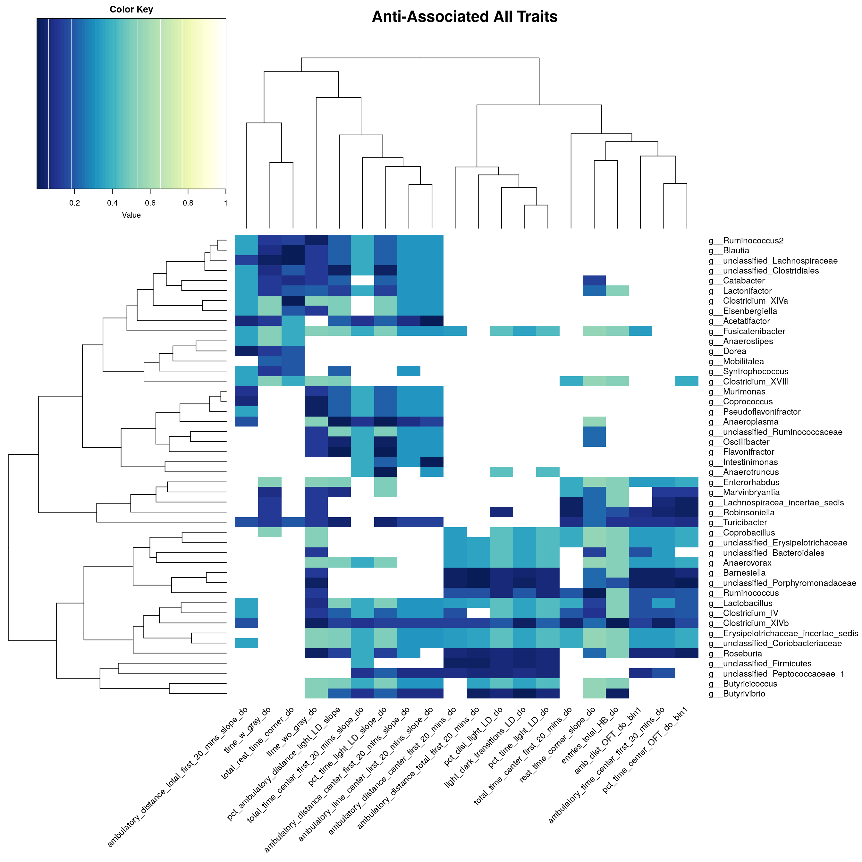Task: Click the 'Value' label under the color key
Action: tap(131, 215)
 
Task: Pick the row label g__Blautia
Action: tap(729, 251)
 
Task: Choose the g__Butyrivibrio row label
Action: tap(737, 694)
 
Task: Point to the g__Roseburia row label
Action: tap(735, 654)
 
